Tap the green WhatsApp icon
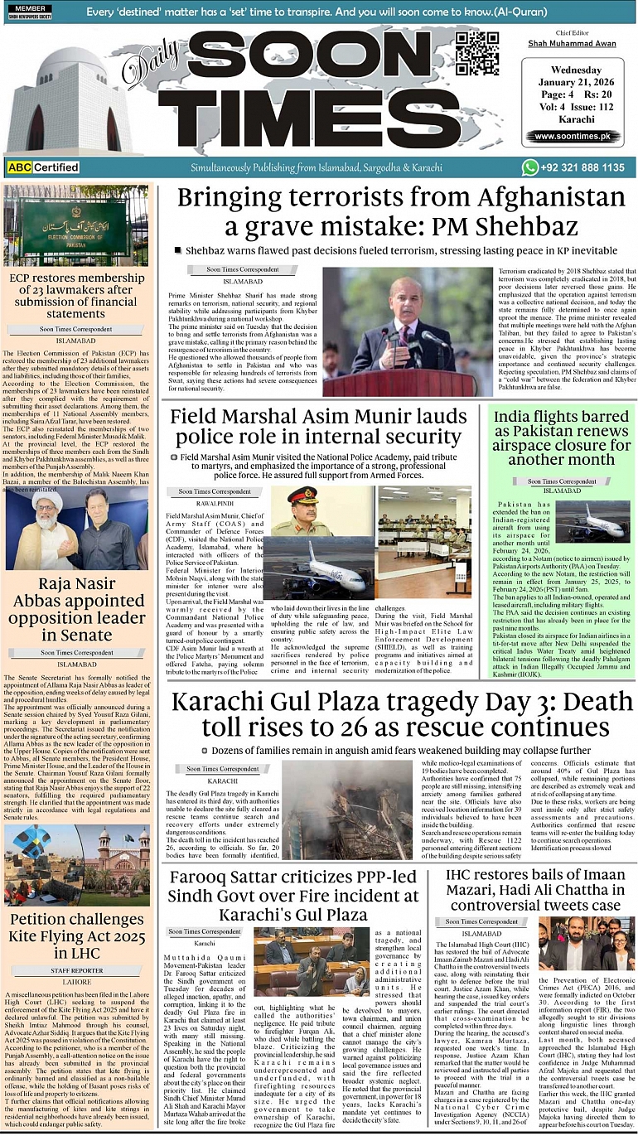coord(530,167)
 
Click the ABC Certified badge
coord(43,167)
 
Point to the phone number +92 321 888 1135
coord(585,167)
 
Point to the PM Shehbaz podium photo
coord(407,331)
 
